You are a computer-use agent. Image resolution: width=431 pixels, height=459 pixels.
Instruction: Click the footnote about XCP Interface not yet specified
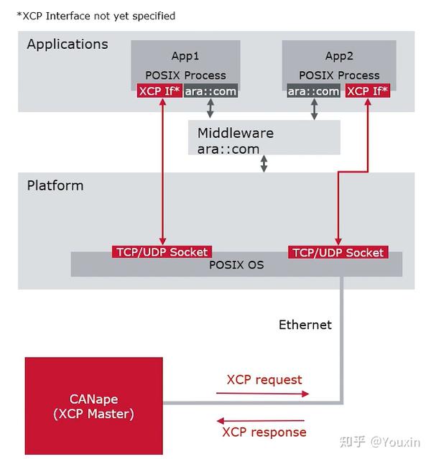(x=96, y=16)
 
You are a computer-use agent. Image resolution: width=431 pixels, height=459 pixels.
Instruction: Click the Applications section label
(x=68, y=45)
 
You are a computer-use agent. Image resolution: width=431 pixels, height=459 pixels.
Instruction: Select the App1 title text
(x=185, y=56)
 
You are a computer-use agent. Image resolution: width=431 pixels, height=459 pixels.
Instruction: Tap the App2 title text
(x=338, y=56)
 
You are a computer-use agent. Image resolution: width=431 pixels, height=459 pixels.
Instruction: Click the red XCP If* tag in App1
(x=159, y=91)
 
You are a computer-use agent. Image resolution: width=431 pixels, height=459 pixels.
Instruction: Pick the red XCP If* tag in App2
(x=368, y=91)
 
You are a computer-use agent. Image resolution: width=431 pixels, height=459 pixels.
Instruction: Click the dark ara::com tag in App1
(x=210, y=91)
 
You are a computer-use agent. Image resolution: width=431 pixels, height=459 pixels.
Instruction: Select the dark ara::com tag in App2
(x=313, y=91)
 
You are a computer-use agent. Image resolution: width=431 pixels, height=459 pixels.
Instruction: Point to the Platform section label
(x=55, y=185)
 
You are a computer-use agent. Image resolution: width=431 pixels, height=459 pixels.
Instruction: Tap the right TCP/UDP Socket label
(x=338, y=252)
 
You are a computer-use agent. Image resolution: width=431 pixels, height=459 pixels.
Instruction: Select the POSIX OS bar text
(x=236, y=265)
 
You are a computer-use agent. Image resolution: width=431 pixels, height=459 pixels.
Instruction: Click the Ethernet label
(x=305, y=325)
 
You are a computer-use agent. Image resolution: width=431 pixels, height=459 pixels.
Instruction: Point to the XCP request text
(x=264, y=379)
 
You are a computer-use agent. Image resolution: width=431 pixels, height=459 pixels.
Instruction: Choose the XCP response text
(x=264, y=432)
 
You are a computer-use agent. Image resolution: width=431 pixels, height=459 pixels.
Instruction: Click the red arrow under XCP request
(x=263, y=394)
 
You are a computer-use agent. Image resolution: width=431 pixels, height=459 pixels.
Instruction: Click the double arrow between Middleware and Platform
(x=264, y=164)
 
